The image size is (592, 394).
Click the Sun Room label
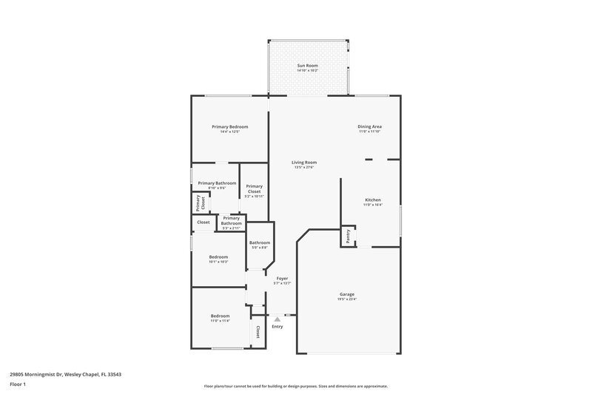[307, 67]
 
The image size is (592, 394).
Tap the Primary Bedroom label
[229, 127]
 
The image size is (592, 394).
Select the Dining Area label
[369, 126]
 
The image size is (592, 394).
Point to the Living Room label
[303, 163]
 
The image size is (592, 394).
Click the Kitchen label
[372, 200]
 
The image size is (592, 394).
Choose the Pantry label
[348, 236]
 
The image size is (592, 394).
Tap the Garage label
[346, 294]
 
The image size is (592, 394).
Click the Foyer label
[282, 278]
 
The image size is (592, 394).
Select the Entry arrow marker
[277, 319]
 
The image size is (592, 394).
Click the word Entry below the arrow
[277, 327]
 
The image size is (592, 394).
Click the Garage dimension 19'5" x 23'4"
[346, 299]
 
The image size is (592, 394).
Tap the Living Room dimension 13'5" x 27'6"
[303, 168]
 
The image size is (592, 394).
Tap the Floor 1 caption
[18, 385]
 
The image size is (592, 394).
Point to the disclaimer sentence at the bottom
[295, 386]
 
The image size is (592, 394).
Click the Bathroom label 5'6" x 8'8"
[259, 245]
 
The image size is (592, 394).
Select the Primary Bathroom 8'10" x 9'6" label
[217, 185]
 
